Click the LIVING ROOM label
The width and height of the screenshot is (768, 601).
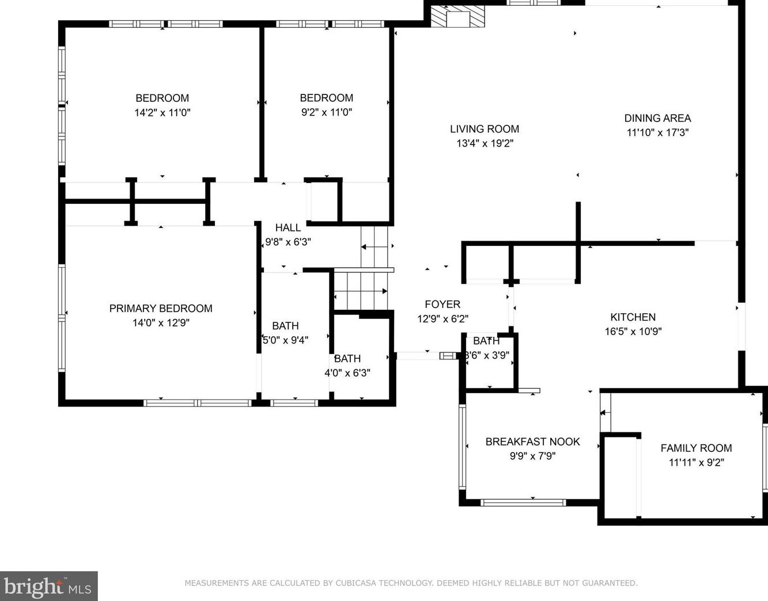(485, 129)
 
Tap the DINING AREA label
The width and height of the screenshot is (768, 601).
(657, 118)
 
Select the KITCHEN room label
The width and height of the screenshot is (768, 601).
(633, 317)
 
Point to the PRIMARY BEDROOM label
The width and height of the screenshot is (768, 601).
(161, 309)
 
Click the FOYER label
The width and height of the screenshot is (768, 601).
(442, 305)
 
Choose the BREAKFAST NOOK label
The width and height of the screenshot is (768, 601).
(532, 442)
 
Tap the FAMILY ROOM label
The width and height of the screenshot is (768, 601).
(696, 448)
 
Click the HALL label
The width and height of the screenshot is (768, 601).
(287, 228)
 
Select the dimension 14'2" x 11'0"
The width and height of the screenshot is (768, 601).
(162, 113)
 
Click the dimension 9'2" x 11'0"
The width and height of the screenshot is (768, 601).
(326, 113)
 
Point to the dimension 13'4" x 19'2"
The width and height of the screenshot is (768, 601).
(485, 143)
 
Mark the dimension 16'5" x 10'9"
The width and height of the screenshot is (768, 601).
(633, 332)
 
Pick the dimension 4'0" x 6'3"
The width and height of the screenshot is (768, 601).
(347, 373)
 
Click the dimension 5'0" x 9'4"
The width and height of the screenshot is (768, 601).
(286, 340)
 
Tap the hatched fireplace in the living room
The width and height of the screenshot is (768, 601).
(458, 16)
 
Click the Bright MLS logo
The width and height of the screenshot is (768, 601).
(48, 587)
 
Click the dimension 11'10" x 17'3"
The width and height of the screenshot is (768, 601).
(657, 132)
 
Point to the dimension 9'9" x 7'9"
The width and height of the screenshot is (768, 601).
(532, 456)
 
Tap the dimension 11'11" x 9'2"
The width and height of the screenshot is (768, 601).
(696, 462)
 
